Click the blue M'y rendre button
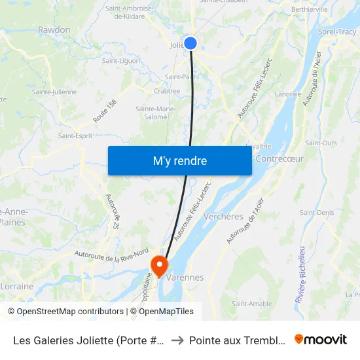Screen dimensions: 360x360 pos(179,160)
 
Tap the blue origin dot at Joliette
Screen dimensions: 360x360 pos(190,43)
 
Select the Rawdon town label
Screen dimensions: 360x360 pos(54,30)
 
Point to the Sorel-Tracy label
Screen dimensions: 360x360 pos(338,31)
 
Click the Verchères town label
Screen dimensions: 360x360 pos(223,217)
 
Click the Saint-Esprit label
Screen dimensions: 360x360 pos(75,135)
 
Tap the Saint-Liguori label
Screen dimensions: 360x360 pos(121,61)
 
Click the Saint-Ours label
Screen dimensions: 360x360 pos(321,143)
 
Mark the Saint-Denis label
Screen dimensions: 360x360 pos(316,213)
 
